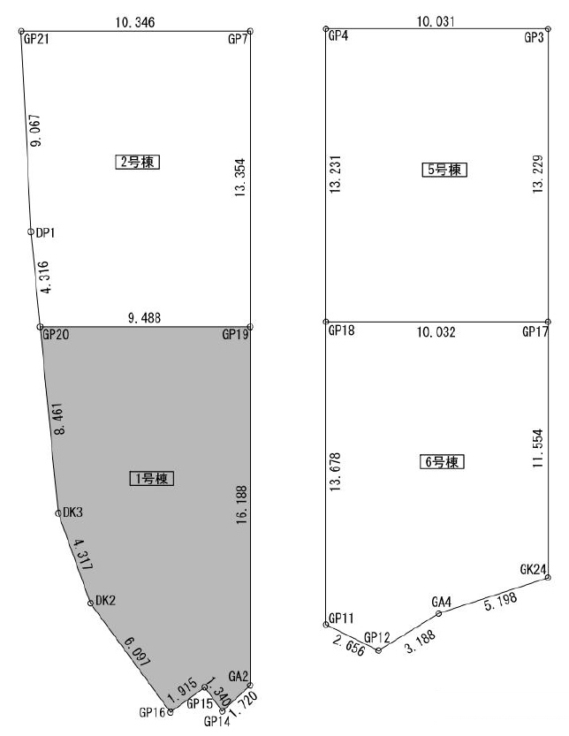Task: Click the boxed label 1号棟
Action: tap(152, 478)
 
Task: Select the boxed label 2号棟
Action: tap(138, 162)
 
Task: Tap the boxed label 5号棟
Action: tap(444, 170)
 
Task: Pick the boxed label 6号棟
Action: tap(442, 462)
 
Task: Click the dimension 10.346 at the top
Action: tap(134, 22)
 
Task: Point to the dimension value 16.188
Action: tap(241, 505)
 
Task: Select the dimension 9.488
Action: tap(144, 318)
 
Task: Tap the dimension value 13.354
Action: tap(240, 178)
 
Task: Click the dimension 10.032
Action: tap(436, 332)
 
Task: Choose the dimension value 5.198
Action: tap(500, 601)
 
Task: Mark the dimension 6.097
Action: tap(137, 651)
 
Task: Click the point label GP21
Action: tap(36, 39)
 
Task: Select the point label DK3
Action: tap(72, 512)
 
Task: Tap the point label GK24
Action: tap(533, 569)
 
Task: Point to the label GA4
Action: tap(441, 602)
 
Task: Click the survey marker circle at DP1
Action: tap(31, 231)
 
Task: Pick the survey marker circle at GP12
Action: tap(378, 650)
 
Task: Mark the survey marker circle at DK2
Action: tap(90, 603)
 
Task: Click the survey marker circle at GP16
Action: tap(170, 712)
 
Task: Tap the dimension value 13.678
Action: tap(335, 472)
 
